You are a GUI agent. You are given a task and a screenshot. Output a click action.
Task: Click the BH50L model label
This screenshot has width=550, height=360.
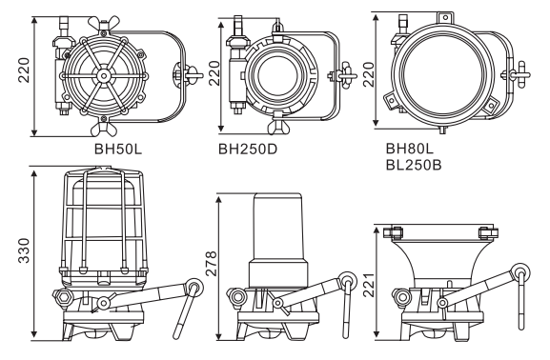(x=118, y=149)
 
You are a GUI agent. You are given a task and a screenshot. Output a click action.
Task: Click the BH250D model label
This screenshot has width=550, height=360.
(x=248, y=149)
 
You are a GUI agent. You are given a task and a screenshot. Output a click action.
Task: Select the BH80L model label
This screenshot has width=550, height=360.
(x=410, y=149)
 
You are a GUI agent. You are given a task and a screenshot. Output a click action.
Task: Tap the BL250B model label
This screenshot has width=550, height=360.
(x=414, y=165)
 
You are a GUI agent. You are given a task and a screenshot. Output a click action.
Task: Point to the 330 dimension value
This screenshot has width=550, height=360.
(x=24, y=250)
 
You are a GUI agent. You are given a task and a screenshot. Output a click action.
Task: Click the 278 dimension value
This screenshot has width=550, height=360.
(x=212, y=263)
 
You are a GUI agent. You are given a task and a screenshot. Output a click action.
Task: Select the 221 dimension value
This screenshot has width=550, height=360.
(x=368, y=285)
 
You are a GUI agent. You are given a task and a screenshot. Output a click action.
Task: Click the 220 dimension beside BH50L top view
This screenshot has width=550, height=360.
(x=24, y=70)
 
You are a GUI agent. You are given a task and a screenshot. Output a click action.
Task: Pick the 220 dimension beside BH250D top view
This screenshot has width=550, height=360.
(x=214, y=73)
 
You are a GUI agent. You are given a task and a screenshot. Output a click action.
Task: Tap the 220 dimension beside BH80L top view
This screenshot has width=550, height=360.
(x=368, y=74)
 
